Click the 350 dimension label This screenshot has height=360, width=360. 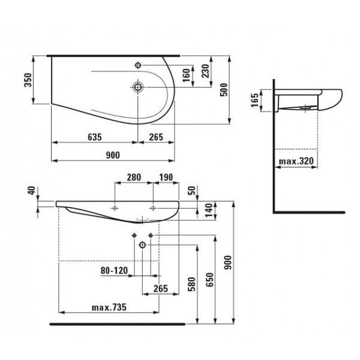28,80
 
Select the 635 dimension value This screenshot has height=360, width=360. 95,137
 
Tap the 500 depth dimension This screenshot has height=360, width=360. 224,90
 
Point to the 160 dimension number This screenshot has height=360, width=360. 187,75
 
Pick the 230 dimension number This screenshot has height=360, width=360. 205,71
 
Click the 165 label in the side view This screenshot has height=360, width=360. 254,100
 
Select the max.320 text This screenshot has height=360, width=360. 296,161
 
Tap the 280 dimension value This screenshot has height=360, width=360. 134,177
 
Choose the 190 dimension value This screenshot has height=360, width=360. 166,177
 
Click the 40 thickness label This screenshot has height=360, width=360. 32,190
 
